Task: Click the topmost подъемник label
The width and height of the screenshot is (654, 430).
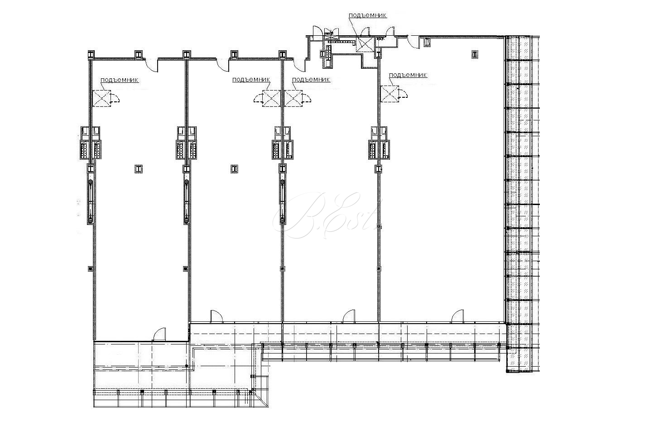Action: coord(368,15)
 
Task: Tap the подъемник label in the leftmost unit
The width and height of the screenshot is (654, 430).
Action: coord(119,80)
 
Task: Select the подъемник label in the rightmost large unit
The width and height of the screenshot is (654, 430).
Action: coord(408,75)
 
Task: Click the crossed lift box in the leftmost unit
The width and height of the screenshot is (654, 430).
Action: coord(101,98)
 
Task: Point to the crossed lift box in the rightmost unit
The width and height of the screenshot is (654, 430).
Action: coord(390,94)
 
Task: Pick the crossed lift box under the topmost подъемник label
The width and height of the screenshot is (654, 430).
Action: coord(365,44)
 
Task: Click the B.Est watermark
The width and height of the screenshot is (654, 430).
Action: coord(327,215)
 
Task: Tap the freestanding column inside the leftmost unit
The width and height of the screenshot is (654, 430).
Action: coord(139,169)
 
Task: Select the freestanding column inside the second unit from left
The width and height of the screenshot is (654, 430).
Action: coord(234,169)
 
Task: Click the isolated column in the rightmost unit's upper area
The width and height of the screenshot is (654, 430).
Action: coord(475,54)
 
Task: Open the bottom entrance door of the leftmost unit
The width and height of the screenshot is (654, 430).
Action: coord(159,334)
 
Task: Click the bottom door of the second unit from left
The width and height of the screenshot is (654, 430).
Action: coord(216,316)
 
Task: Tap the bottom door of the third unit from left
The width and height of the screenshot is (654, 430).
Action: coord(349,316)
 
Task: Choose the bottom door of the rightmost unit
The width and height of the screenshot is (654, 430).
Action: coord(457,316)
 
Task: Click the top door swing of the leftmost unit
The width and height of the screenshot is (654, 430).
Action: coord(151,65)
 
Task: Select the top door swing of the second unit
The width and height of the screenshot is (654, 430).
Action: coord(223,65)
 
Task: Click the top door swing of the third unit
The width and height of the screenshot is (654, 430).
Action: coord(299,65)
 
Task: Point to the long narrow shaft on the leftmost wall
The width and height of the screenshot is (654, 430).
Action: coord(91,201)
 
